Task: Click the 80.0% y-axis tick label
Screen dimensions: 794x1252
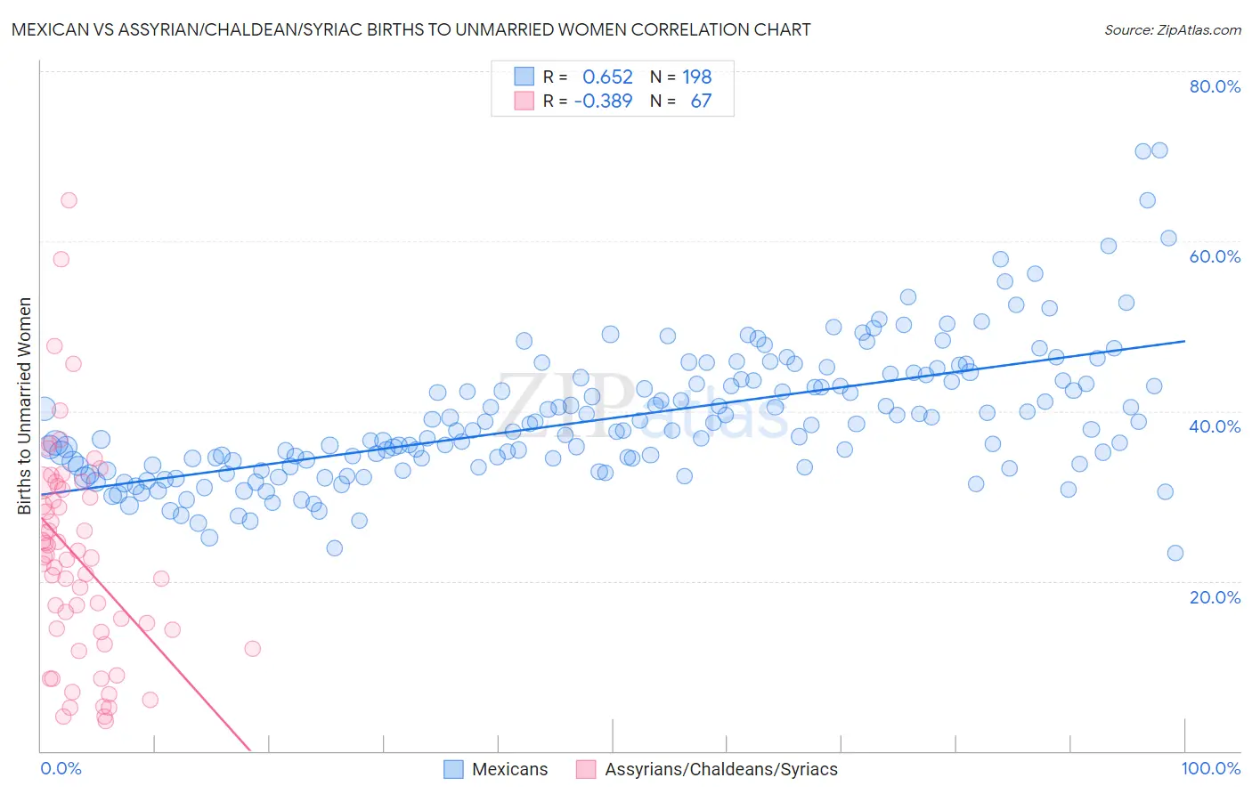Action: (1215, 86)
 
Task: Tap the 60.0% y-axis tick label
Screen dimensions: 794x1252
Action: (1215, 256)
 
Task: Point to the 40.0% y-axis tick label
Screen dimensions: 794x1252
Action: (1215, 426)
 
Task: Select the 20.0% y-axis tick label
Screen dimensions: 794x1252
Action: (1215, 596)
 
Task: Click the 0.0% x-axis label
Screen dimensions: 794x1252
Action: (61, 768)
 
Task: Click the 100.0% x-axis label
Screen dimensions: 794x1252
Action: (1210, 768)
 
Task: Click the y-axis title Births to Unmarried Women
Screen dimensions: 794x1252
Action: (25, 406)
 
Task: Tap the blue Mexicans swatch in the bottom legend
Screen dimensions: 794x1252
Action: (453, 769)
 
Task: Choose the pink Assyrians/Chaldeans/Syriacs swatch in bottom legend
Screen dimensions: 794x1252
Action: (586, 769)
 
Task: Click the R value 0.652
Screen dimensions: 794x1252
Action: (607, 77)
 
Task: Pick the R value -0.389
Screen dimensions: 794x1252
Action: (603, 101)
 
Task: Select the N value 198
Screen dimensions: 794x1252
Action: (696, 77)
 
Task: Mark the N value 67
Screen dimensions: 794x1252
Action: (701, 101)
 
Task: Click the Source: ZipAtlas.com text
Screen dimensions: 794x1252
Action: (1172, 30)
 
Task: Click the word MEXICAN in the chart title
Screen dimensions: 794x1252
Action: (51, 30)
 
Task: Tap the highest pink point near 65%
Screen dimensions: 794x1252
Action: (69, 200)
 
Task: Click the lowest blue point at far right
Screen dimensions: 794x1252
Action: (1175, 553)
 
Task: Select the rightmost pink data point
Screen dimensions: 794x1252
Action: (253, 648)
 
